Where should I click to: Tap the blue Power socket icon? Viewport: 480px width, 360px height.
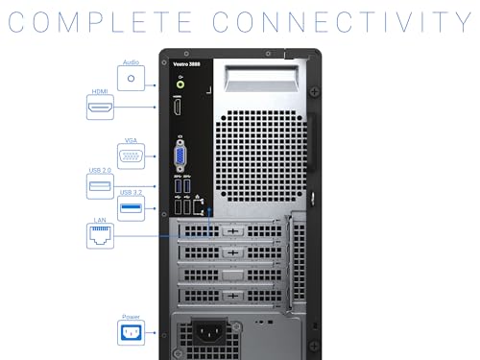(x=132, y=333)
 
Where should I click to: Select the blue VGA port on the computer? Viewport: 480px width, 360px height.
(x=180, y=156)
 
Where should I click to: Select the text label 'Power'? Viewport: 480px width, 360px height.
(x=132, y=316)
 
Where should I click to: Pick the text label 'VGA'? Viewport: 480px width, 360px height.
(x=132, y=140)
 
